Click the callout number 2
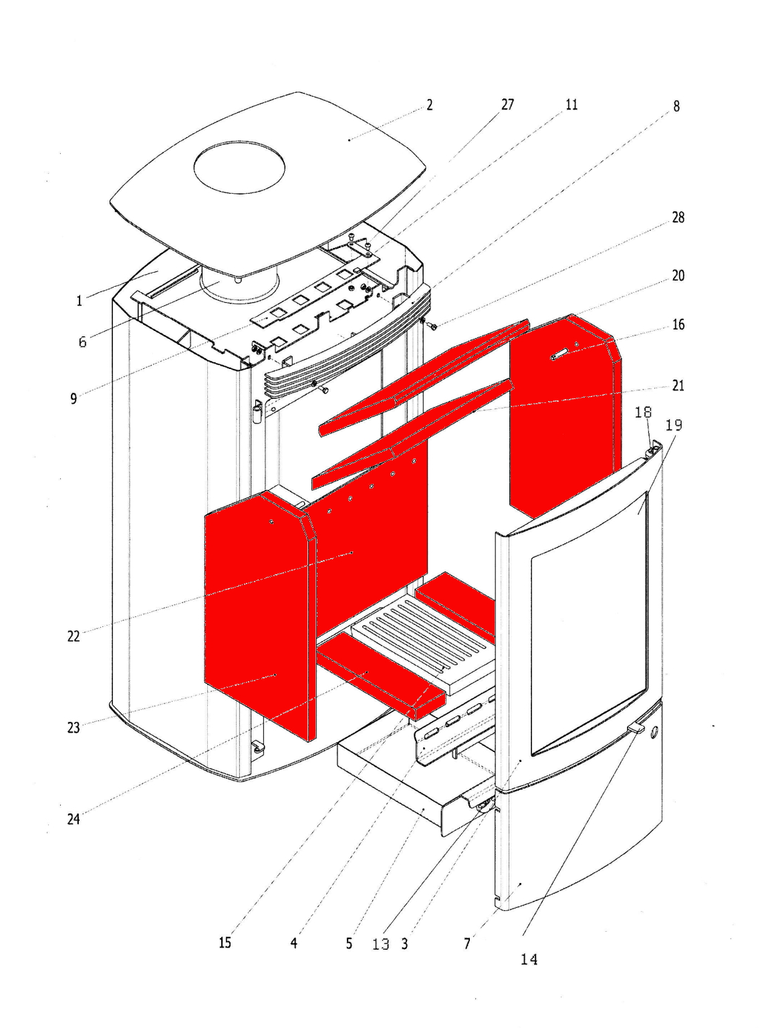click(x=430, y=105)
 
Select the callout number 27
click(x=508, y=104)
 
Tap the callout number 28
click(x=678, y=217)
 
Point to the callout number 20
click(x=678, y=275)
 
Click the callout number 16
click(x=678, y=324)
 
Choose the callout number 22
click(x=74, y=636)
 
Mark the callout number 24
click(x=74, y=819)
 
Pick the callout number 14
click(x=529, y=959)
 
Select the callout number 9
click(x=74, y=398)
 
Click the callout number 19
click(x=674, y=424)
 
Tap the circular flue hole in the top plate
click(x=239, y=167)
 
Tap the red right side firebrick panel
click(x=561, y=414)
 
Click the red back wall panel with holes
click(x=374, y=535)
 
